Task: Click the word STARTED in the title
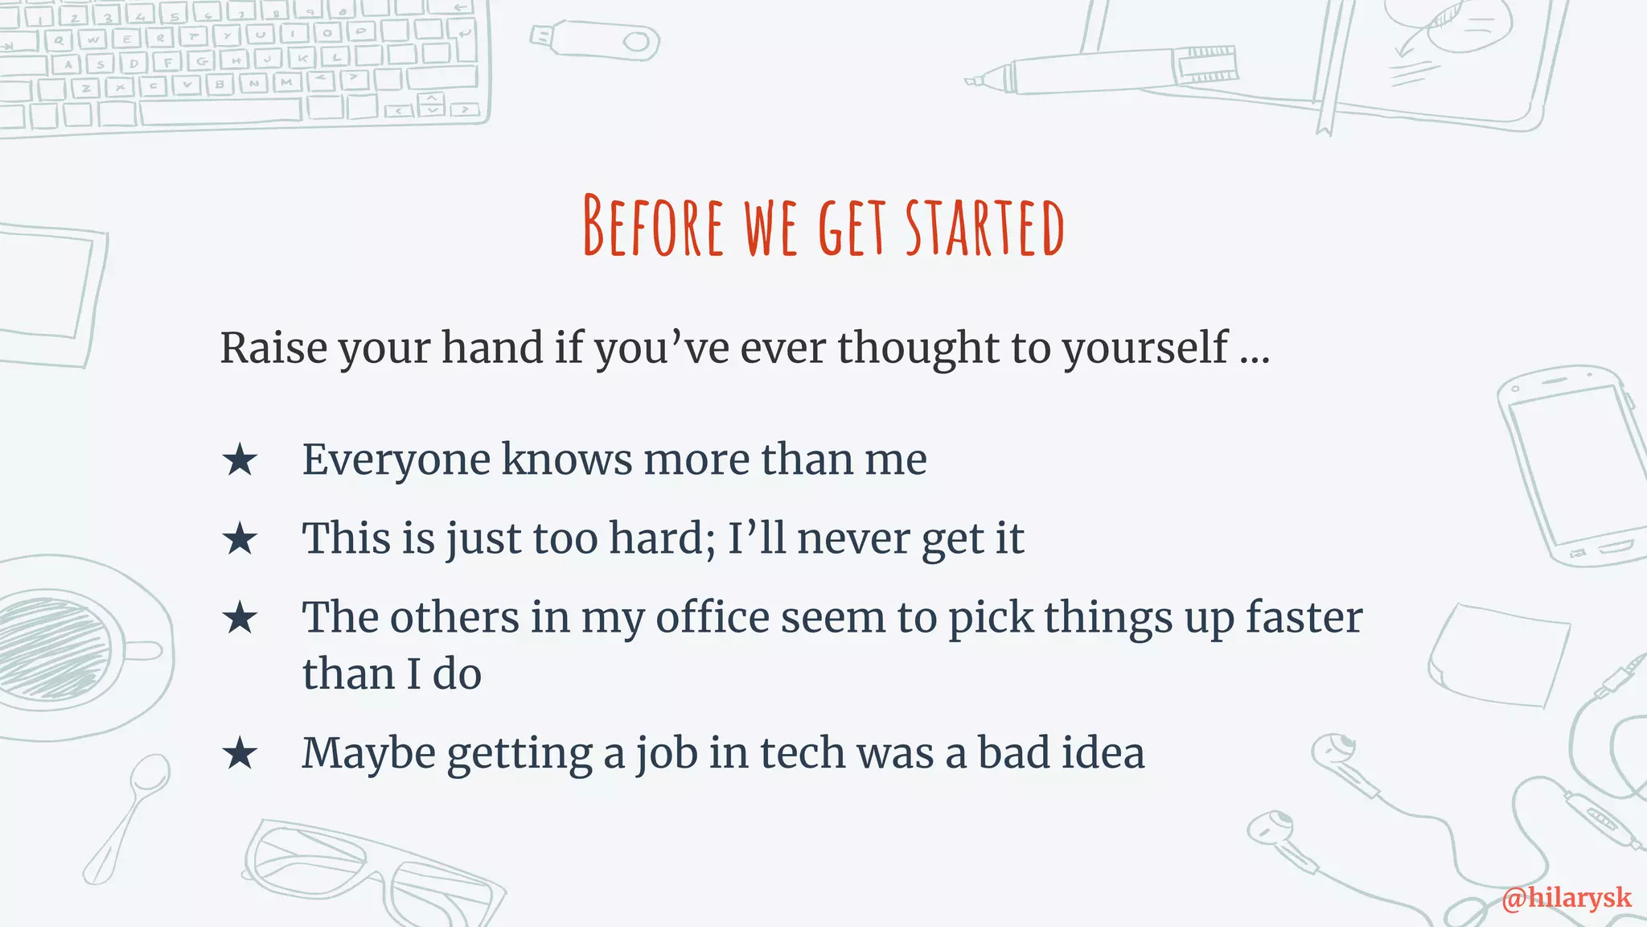tap(984, 227)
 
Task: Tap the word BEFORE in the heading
tap(653, 227)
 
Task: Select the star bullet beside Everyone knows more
tap(240, 461)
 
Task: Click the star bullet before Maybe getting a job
tap(240, 755)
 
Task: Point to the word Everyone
tap(396, 460)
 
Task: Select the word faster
tap(1304, 618)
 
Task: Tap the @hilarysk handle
tap(1566, 897)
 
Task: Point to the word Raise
tap(273, 348)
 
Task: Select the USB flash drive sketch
tap(595, 40)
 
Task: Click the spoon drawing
tap(129, 813)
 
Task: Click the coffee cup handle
tap(149, 650)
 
